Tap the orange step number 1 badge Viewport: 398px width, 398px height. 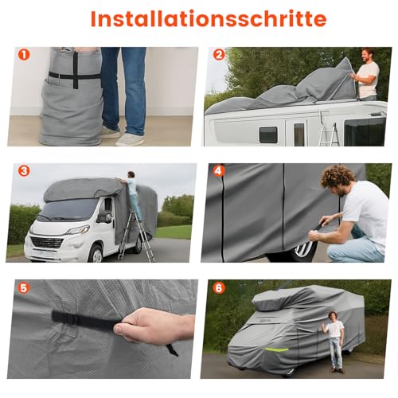click(x=24, y=56)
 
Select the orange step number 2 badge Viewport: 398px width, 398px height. click(x=219, y=56)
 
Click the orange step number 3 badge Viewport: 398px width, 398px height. click(x=24, y=170)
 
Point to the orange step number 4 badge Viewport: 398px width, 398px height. click(x=219, y=170)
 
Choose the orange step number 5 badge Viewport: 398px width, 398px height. click(x=24, y=287)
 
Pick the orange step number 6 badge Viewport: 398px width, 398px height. click(x=219, y=287)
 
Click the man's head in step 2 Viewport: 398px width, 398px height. click(x=367, y=55)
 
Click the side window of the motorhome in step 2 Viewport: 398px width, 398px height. click(x=268, y=134)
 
